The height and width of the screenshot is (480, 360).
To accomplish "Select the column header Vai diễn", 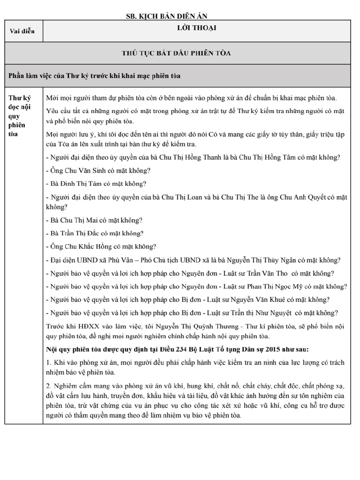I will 22,32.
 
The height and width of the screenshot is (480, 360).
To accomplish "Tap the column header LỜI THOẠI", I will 196,29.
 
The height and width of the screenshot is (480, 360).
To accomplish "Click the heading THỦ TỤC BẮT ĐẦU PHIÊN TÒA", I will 196,52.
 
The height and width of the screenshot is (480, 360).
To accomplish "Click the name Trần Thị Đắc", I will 81,233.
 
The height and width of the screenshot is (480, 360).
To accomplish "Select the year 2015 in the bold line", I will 259,349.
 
